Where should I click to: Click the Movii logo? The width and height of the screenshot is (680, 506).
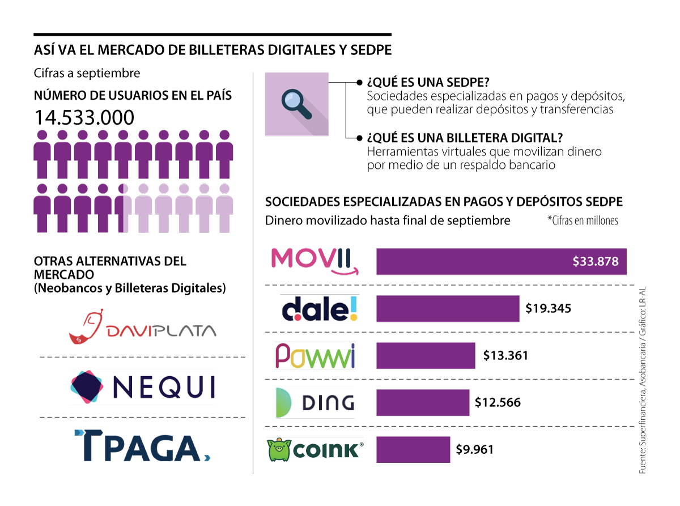[x=314, y=261]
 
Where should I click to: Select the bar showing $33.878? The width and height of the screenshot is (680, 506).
[x=501, y=261]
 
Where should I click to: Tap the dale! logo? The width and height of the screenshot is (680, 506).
[x=320, y=308]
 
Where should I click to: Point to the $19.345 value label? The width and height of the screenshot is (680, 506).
[x=548, y=309]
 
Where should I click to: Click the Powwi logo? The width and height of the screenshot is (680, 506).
[x=315, y=356]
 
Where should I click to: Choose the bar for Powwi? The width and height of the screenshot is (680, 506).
[x=426, y=356]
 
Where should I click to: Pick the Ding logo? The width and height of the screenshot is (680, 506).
[x=315, y=402]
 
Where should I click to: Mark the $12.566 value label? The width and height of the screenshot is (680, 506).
[x=498, y=403]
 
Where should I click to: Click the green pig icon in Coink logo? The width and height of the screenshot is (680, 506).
[x=278, y=450]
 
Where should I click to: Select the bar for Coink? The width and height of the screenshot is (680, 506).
[x=413, y=449]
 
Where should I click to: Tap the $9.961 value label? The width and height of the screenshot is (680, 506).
[x=475, y=450]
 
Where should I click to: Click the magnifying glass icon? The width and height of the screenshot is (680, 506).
[x=296, y=104]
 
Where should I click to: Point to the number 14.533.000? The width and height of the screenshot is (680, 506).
[x=84, y=117]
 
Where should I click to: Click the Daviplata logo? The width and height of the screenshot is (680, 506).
[x=142, y=327]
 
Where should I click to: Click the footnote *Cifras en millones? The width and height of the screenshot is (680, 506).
[x=583, y=221]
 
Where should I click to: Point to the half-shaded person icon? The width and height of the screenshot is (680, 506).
[x=124, y=208]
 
